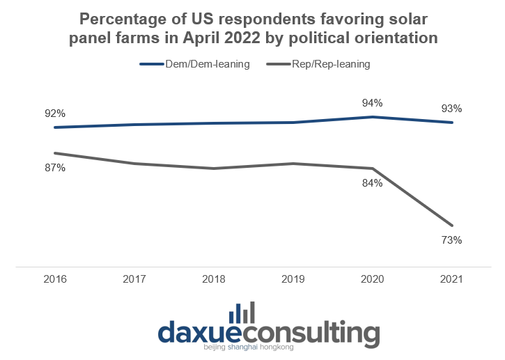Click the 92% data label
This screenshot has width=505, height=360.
click(55, 114)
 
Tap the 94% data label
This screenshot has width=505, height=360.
click(373, 103)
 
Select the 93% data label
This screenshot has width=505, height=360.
click(451, 109)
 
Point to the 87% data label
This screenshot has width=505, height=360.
click(55, 168)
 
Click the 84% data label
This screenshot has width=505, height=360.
click(373, 183)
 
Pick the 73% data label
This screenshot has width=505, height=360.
click(451, 240)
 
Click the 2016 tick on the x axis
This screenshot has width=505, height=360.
click(55, 279)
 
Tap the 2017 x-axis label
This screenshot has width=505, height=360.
click(134, 279)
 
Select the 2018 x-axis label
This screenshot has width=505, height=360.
click(214, 279)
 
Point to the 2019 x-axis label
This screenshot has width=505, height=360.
click(293, 279)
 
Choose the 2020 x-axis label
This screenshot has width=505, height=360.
click(373, 279)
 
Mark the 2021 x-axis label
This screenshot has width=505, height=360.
click(451, 279)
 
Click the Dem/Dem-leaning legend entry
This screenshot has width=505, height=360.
click(195, 64)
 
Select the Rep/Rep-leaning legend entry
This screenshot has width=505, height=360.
click(318, 64)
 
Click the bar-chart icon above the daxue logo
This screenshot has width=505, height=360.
click(242, 313)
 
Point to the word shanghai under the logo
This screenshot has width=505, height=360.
click(242, 347)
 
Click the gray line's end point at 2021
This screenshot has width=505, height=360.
click(452, 226)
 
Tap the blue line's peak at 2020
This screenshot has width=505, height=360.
click(373, 117)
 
